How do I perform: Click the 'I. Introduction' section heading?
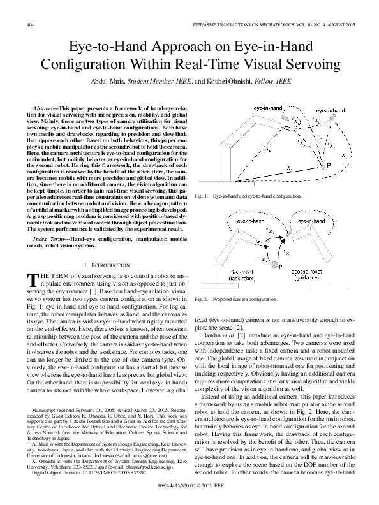[x=103, y=264]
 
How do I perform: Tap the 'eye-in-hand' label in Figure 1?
[x=269, y=109]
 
